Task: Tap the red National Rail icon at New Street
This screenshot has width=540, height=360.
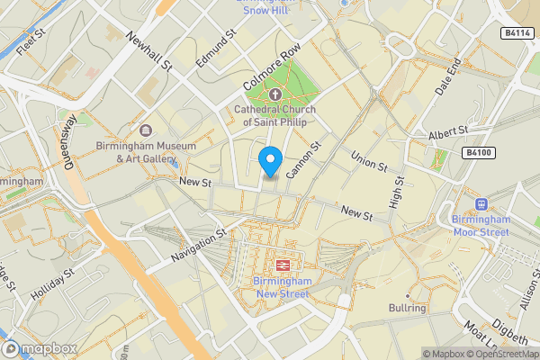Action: point(283,265)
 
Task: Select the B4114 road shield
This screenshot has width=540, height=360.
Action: point(516,33)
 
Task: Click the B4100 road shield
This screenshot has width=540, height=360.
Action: point(480,154)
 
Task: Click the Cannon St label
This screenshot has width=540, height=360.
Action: point(303,159)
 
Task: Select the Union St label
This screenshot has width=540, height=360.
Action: point(368,159)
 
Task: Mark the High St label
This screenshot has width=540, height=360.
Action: point(397,188)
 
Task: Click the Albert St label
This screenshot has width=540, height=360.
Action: point(448,133)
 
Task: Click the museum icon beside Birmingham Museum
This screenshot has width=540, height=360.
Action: point(146,130)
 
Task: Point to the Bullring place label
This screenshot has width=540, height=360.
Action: point(407,309)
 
